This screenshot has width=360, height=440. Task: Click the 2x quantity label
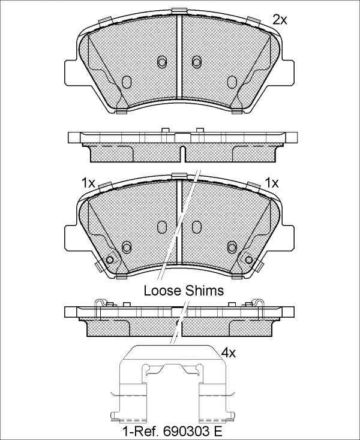pyautogui.click(x=280, y=20)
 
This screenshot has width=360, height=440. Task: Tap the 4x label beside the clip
pyautogui.click(x=228, y=352)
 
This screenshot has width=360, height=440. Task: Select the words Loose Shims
pyautogui.click(x=184, y=291)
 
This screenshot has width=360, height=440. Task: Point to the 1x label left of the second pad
pyautogui.click(x=88, y=183)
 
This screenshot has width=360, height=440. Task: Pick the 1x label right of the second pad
pyautogui.click(x=272, y=183)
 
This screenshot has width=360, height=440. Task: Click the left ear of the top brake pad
pyautogui.click(x=70, y=73)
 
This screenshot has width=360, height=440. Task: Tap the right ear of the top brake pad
pyautogui.click(x=289, y=73)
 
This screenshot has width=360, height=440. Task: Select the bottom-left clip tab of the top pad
pyautogui.click(x=122, y=112)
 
